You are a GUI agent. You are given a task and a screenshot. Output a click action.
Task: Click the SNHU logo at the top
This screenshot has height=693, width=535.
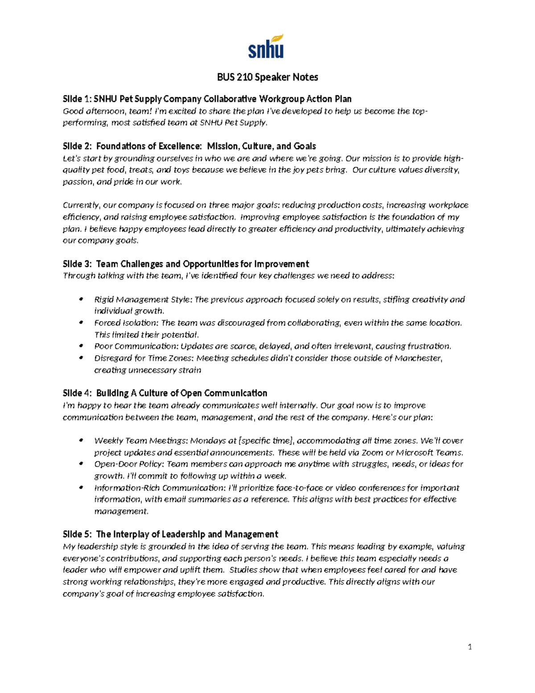tap(266, 46)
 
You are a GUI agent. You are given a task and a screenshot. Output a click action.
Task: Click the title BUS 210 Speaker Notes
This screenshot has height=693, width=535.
tap(267, 77)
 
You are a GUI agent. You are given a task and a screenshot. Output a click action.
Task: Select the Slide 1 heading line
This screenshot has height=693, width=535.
tap(207, 99)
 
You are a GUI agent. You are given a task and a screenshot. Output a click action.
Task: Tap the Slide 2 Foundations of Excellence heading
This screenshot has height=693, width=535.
tap(189, 146)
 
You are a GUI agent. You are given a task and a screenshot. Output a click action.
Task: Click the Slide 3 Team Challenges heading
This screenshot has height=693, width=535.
tap(186, 264)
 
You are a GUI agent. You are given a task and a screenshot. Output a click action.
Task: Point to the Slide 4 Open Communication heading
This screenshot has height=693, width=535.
tap(165, 393)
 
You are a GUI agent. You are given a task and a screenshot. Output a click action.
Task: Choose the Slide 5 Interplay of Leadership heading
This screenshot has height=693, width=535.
tap(170, 534)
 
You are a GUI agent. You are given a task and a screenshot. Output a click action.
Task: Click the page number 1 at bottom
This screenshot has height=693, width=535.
tap(469, 647)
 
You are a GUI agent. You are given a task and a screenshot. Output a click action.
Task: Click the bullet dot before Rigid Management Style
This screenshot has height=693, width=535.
tap(81, 299)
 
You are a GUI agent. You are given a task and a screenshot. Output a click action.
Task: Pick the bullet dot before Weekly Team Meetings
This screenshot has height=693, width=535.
tap(81, 440)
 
